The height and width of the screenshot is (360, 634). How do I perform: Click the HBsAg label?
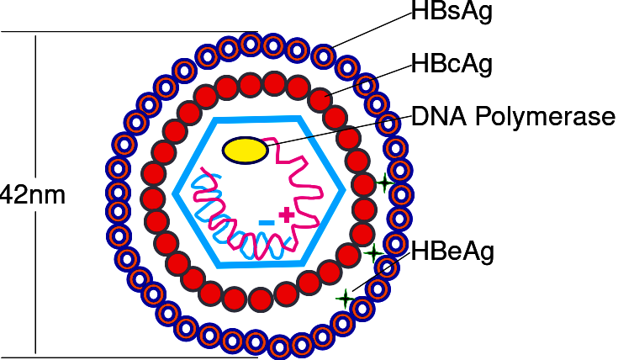pos(452,11)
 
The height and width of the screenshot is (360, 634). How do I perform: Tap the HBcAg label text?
pos(452,64)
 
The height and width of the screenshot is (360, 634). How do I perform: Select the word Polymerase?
pos(545,117)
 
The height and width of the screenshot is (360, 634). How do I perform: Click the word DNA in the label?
pos(440,116)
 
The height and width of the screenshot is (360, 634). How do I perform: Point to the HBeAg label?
pos(452,251)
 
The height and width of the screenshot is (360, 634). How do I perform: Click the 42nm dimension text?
pos(32,195)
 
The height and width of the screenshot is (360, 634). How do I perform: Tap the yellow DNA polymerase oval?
pos(245,151)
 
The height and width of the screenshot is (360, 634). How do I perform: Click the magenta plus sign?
pos(287,214)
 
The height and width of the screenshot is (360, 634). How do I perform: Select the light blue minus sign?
pos(267,222)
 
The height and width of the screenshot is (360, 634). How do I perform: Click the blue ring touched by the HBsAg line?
pos(324,56)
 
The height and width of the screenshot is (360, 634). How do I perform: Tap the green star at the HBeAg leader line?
pos(345,299)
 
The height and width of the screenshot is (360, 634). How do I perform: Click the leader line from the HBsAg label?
pos(372,30)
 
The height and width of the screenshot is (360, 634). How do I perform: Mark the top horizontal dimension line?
pos(129,31)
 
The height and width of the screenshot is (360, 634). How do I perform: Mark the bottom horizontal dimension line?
pos(129,357)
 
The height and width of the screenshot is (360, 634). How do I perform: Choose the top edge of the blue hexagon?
pos(257,119)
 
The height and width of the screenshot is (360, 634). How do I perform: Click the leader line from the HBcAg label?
pos(368,80)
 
